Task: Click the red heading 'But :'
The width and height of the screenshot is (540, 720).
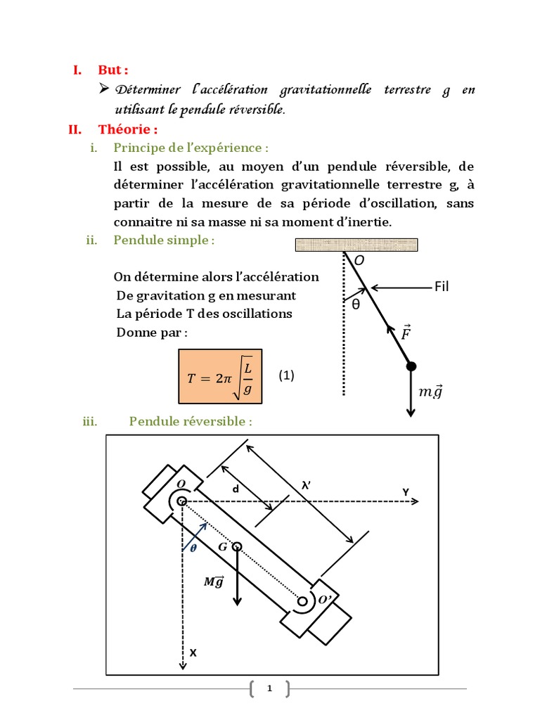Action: tap(113, 70)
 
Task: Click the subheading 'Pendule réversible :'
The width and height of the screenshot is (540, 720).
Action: tap(190, 421)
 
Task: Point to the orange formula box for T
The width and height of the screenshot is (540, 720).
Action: tap(220, 377)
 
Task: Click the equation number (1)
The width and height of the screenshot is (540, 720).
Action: tap(285, 375)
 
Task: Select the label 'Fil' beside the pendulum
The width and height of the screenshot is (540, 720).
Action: tap(442, 286)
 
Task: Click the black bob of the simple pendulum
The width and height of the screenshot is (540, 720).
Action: tap(411, 366)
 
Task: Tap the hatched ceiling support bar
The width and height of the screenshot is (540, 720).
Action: tap(357, 245)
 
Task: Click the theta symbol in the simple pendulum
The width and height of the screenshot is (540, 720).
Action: tap(355, 304)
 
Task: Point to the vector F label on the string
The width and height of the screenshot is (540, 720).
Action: tap(406, 332)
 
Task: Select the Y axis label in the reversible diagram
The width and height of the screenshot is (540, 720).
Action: tap(406, 491)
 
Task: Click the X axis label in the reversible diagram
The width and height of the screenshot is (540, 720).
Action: tap(193, 652)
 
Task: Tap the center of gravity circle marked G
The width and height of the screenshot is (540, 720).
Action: tap(238, 546)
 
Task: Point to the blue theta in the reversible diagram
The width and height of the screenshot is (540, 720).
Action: tap(193, 549)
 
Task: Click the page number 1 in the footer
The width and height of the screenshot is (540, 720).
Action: tap(269, 689)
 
